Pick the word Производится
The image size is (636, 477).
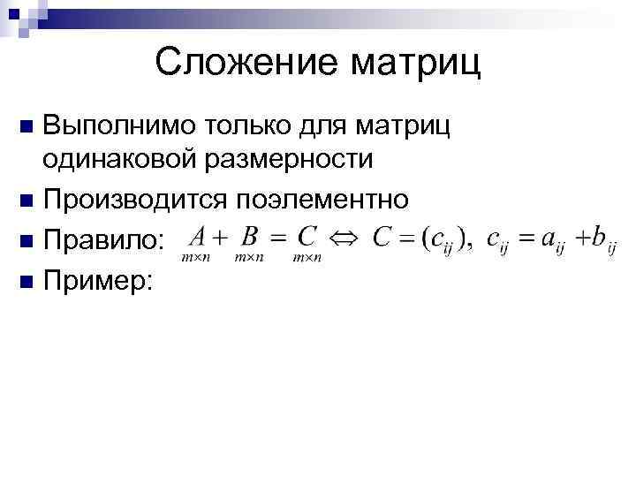click(132, 200)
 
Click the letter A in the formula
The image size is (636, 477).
click(198, 236)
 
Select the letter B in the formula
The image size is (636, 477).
click(250, 236)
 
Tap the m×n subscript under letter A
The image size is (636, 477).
click(193, 257)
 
